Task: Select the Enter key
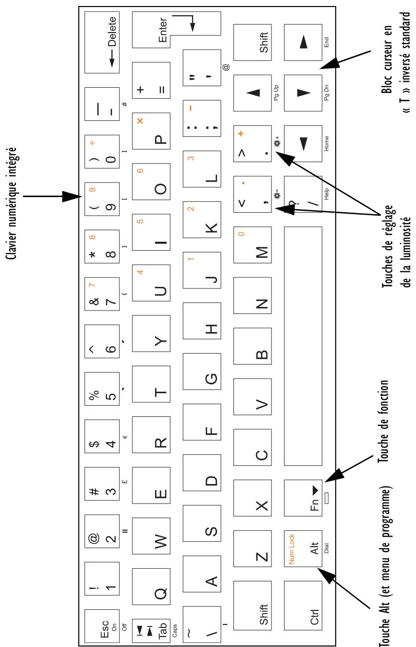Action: coord(176,31)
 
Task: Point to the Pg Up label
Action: coord(277,89)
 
